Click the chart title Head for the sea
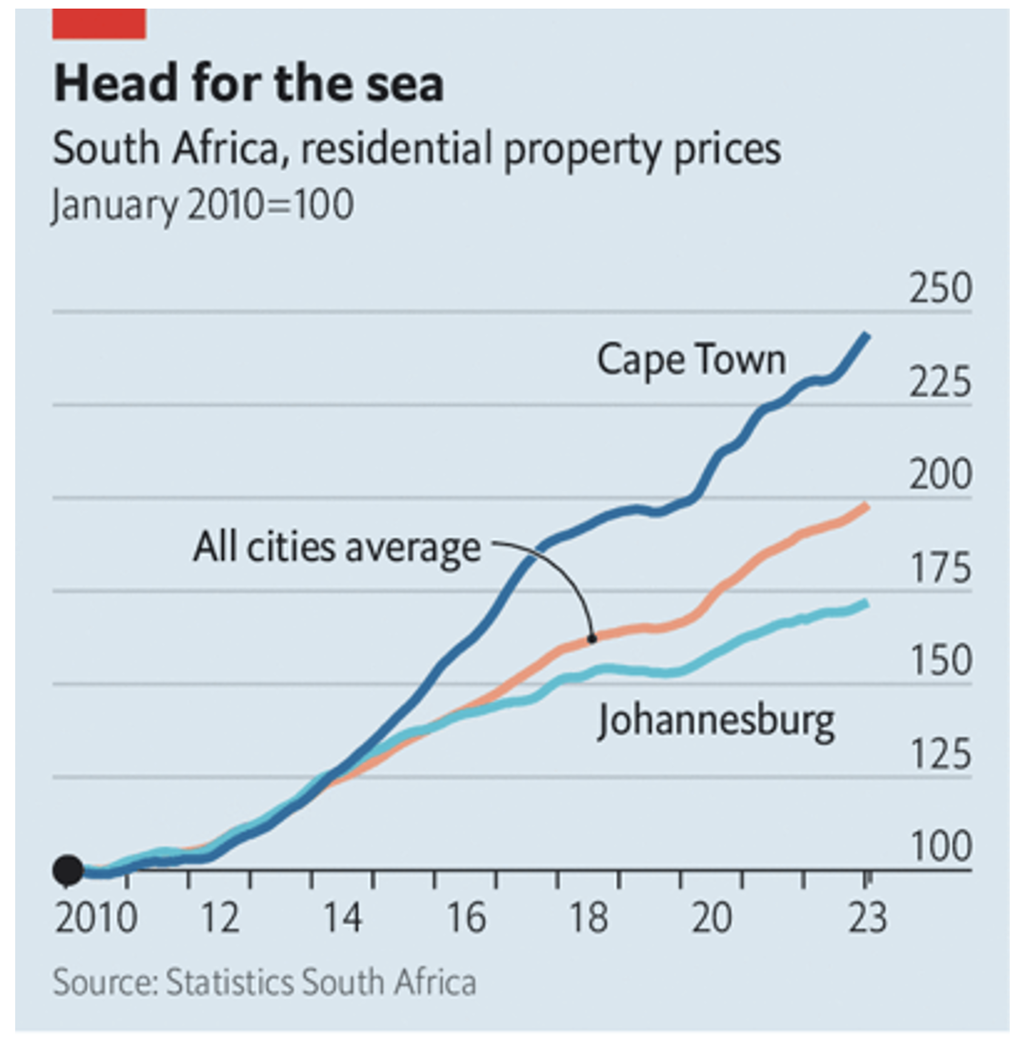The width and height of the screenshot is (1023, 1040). pos(249,84)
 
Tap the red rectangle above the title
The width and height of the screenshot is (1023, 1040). pos(99,23)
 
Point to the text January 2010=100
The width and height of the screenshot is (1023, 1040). pos(202,206)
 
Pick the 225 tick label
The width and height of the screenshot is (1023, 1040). pos(939,384)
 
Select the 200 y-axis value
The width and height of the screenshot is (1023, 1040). pos(939,476)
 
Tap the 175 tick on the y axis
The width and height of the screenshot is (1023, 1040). pos(939,570)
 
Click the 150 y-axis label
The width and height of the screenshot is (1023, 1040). pos(939,662)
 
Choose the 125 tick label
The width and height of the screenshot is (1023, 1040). pos(939,755)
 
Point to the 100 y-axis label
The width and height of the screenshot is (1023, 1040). pos(939,848)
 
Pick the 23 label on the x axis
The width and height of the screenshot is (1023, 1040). pos(866,919)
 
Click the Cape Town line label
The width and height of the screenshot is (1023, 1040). pos(692,360)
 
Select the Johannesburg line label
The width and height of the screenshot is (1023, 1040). pos(715,721)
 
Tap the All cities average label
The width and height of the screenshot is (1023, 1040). pos(336,548)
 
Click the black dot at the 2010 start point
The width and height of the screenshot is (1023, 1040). pos(68,870)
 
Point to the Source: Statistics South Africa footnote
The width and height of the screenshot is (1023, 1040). pos(264,982)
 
